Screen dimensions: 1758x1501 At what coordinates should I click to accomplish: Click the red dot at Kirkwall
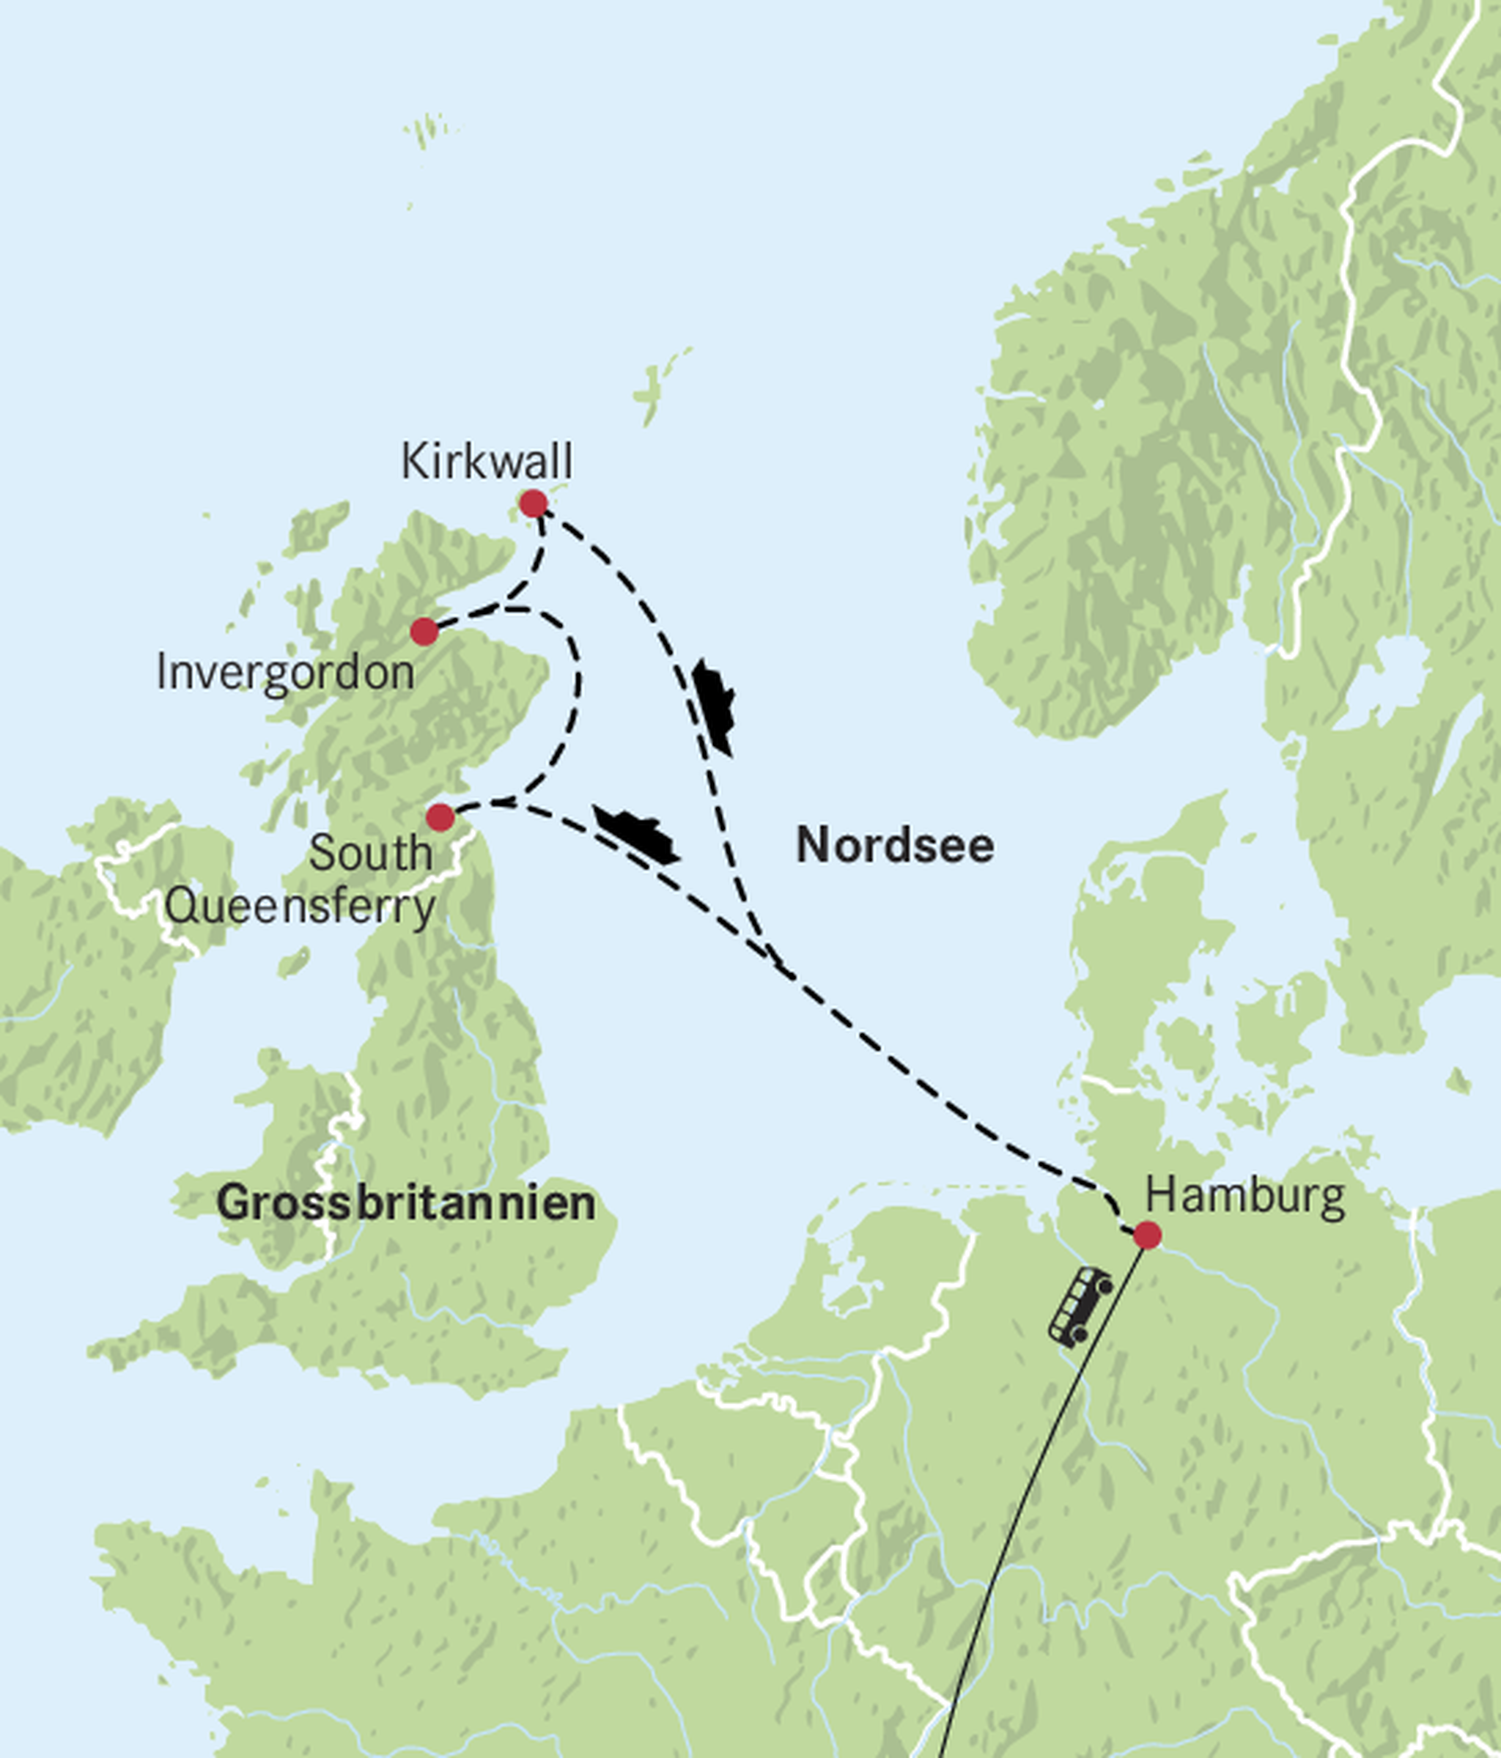(533, 504)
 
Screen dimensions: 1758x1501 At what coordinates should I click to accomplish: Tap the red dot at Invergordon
(424, 631)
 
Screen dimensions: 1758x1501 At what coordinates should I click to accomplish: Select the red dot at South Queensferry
(440, 817)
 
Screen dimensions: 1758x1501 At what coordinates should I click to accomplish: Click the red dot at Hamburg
(1147, 1236)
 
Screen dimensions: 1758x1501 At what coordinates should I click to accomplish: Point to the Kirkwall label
(486, 462)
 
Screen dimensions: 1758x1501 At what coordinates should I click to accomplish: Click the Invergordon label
(285, 673)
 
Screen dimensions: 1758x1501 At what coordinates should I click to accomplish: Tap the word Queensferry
(300, 907)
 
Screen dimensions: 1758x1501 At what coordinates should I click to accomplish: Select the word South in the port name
(370, 853)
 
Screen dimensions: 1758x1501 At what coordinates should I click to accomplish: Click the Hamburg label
(1244, 1197)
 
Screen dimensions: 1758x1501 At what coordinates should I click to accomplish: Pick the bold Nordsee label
(894, 846)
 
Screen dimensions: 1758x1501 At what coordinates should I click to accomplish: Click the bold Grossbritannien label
(405, 1203)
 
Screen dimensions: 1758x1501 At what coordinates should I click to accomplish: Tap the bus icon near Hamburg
(1080, 1307)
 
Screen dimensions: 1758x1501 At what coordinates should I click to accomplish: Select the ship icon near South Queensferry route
(636, 834)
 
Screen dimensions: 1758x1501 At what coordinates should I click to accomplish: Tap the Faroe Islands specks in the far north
(427, 130)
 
